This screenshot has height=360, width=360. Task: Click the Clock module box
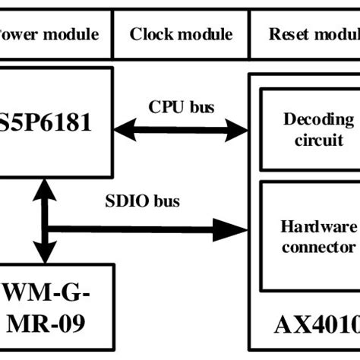click(181, 34)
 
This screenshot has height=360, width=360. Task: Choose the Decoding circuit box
click(308, 129)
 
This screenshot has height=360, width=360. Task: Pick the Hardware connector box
click(308, 235)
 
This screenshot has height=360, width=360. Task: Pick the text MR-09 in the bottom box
click(52, 324)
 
